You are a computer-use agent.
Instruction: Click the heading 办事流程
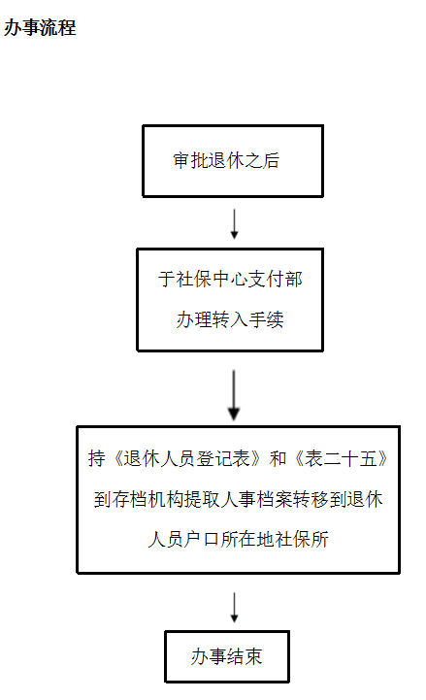click(40, 28)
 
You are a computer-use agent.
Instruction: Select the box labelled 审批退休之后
click(233, 161)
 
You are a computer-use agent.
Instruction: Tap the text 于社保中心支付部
click(230, 279)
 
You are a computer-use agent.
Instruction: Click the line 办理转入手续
click(230, 319)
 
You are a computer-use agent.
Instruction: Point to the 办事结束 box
click(227, 656)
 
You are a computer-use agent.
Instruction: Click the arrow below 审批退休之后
click(234, 223)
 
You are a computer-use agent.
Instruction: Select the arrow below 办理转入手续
click(234, 395)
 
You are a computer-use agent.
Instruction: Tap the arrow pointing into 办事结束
click(234, 607)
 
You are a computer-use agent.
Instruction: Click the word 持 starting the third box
click(96, 458)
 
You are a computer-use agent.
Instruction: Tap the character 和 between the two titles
click(278, 458)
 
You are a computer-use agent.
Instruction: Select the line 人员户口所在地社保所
click(238, 539)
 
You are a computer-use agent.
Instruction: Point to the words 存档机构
click(147, 499)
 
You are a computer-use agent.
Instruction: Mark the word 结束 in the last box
click(245, 656)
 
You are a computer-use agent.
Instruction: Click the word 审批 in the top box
click(190, 161)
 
